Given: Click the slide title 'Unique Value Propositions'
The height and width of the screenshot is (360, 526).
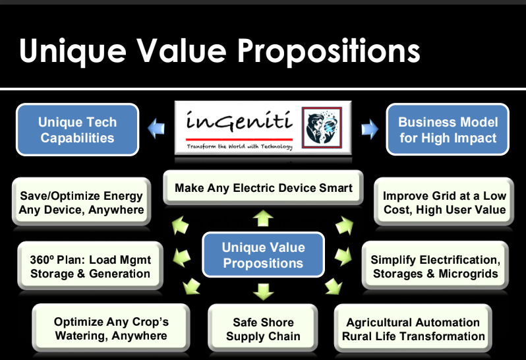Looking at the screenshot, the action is [x=219, y=51].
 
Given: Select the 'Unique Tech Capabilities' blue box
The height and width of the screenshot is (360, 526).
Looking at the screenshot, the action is [x=78, y=130].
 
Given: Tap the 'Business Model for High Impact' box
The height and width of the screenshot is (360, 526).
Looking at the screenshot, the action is [x=448, y=130].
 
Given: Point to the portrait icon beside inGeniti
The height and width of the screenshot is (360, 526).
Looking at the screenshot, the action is [x=322, y=127].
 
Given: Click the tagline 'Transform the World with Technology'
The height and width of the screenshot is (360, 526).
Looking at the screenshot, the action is [x=239, y=146].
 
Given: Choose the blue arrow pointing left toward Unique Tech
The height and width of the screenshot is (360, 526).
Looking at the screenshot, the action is [x=156, y=129].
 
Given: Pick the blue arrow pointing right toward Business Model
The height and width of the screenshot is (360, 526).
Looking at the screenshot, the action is [x=370, y=129].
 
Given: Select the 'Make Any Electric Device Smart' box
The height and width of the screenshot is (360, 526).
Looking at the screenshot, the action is [x=264, y=187].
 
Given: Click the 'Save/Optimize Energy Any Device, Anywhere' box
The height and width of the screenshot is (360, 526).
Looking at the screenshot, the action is [x=82, y=202].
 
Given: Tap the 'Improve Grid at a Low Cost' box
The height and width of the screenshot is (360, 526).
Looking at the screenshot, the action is [x=444, y=202].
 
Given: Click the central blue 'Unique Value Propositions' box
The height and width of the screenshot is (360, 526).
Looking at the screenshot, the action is [x=264, y=255].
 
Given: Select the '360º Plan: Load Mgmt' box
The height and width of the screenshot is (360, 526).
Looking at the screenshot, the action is [x=90, y=266].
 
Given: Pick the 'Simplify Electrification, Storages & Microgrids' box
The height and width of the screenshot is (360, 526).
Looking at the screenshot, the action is [x=436, y=266].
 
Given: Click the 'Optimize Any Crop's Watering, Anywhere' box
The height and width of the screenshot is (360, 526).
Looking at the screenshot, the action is [x=111, y=328].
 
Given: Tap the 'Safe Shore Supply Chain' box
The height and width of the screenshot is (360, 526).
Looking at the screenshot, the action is [x=263, y=329].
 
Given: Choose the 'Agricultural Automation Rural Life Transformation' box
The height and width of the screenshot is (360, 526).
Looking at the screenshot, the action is [x=413, y=329].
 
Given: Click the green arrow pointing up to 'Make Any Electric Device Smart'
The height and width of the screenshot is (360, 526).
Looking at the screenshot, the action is [x=263, y=218].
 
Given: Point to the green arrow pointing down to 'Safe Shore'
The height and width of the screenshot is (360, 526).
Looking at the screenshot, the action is [x=264, y=291].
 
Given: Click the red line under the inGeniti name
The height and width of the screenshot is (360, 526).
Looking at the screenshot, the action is [x=239, y=139].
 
